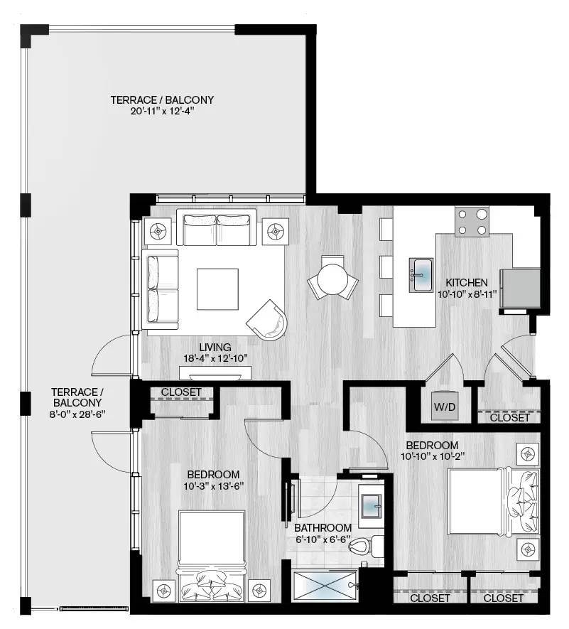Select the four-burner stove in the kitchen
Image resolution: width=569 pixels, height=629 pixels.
tap(472, 221)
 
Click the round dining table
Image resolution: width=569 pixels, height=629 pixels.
tap(332, 279)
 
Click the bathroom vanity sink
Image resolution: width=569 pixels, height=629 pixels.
tap(371, 505)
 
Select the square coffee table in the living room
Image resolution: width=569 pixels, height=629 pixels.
tap(218, 288)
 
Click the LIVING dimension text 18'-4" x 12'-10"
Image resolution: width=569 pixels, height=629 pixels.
tap(215, 358)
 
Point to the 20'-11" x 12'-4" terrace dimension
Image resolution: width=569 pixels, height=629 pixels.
tap(162, 112)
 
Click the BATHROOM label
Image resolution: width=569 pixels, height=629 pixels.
tap(323, 527)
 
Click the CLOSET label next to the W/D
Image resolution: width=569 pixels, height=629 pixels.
tap(509, 418)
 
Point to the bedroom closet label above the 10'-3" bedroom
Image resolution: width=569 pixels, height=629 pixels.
tap(181, 392)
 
